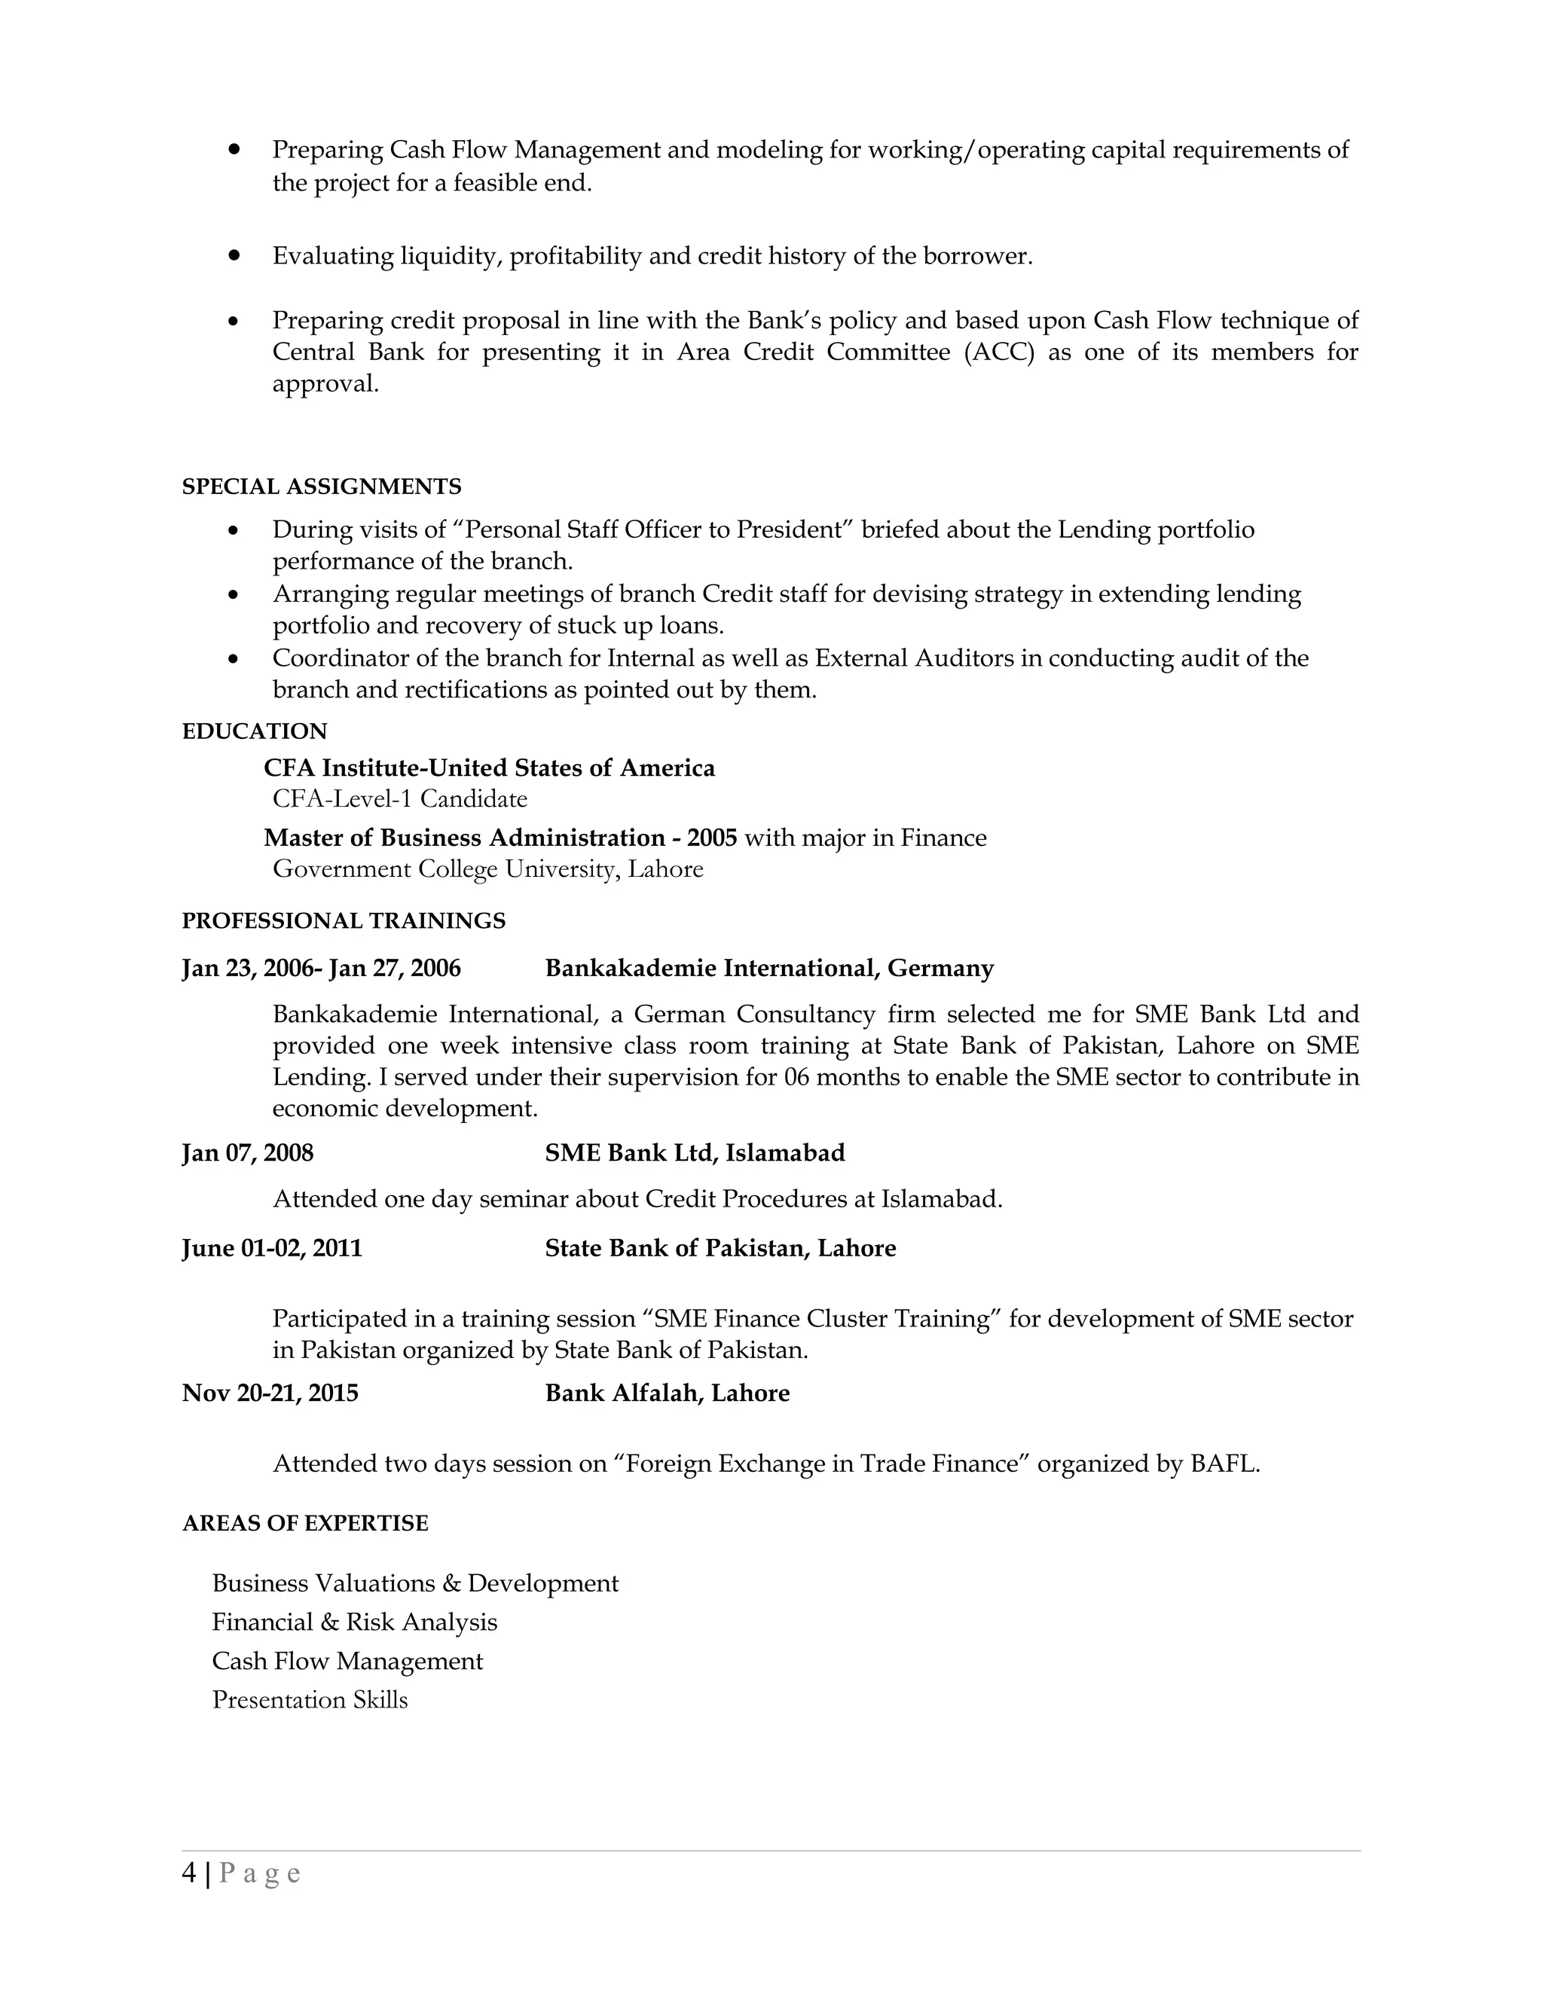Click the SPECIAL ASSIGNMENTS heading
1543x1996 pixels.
[321, 487]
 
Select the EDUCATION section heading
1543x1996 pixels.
[254, 731]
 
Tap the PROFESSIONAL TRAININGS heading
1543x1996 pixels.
[343, 920]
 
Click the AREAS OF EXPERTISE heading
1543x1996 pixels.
[304, 1522]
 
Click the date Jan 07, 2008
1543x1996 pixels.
[247, 1152]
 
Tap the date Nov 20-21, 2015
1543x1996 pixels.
[270, 1393]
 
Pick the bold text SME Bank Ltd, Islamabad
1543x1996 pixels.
[694, 1152]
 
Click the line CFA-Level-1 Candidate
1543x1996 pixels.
[399, 798]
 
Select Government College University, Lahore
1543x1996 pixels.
[487, 868]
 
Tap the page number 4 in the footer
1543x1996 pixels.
[188, 1873]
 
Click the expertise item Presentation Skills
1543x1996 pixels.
[309, 1699]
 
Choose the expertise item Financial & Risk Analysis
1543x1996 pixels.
[354, 1622]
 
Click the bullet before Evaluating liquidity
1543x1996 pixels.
[234, 256]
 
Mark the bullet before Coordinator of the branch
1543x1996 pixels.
[234, 658]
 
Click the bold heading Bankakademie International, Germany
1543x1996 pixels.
[768, 968]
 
